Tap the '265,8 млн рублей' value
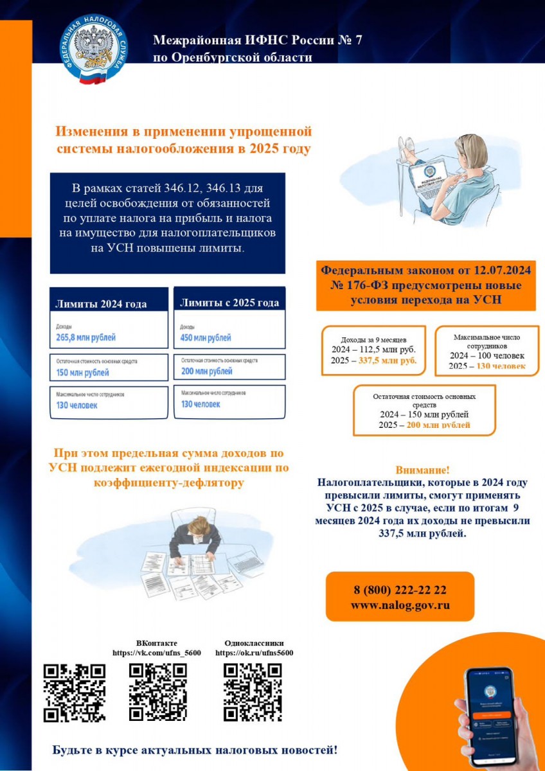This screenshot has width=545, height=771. point(85,337)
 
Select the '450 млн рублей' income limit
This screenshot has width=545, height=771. point(206,338)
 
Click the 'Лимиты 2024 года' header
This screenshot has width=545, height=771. point(101,304)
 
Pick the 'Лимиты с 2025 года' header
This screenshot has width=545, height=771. point(229,303)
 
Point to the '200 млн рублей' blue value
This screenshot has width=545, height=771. point(207,371)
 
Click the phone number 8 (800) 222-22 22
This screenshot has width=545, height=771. point(400,590)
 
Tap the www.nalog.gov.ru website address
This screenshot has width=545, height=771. point(400,605)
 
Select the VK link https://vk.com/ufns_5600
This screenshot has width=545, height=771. point(157,652)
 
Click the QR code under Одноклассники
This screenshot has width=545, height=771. point(253,691)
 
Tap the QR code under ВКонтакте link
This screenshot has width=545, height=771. point(157,691)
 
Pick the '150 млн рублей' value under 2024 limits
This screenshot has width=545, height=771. point(83,373)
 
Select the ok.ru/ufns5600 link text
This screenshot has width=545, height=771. point(254,652)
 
